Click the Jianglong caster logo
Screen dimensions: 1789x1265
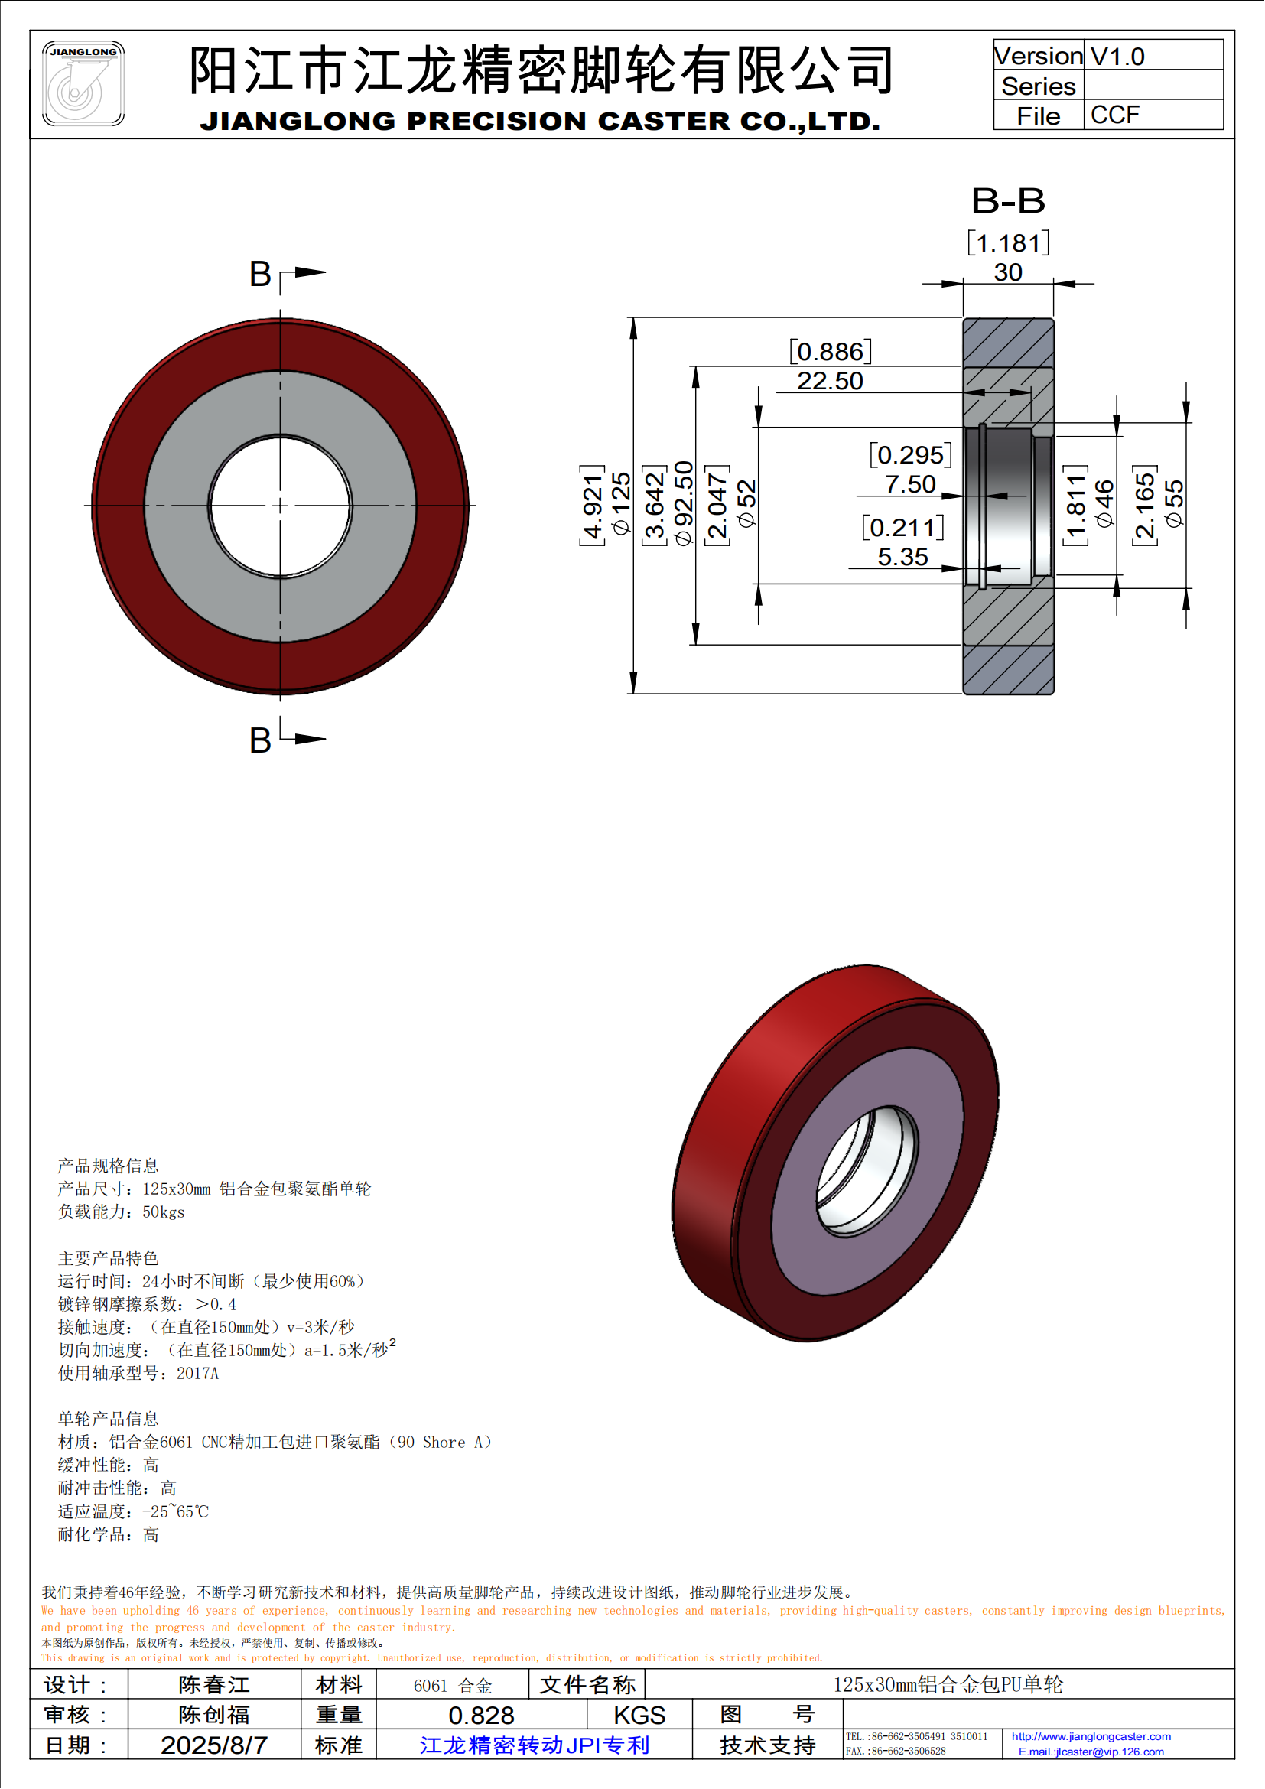(83, 83)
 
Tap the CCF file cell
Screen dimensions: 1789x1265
(1114, 115)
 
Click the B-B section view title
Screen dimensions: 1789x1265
(1007, 201)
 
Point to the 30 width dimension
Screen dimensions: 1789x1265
(1007, 272)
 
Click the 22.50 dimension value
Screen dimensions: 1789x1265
(830, 381)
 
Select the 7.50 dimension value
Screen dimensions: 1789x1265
(910, 484)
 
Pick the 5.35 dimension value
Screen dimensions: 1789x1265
(902, 557)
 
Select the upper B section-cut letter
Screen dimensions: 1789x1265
(260, 275)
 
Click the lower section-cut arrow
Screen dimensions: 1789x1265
(309, 738)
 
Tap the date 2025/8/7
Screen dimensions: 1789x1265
(214, 1745)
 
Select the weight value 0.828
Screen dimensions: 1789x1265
(481, 1716)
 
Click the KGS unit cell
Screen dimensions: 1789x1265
(639, 1716)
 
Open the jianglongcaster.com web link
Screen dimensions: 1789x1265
(1091, 1737)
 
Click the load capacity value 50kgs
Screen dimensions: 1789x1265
(164, 1212)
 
